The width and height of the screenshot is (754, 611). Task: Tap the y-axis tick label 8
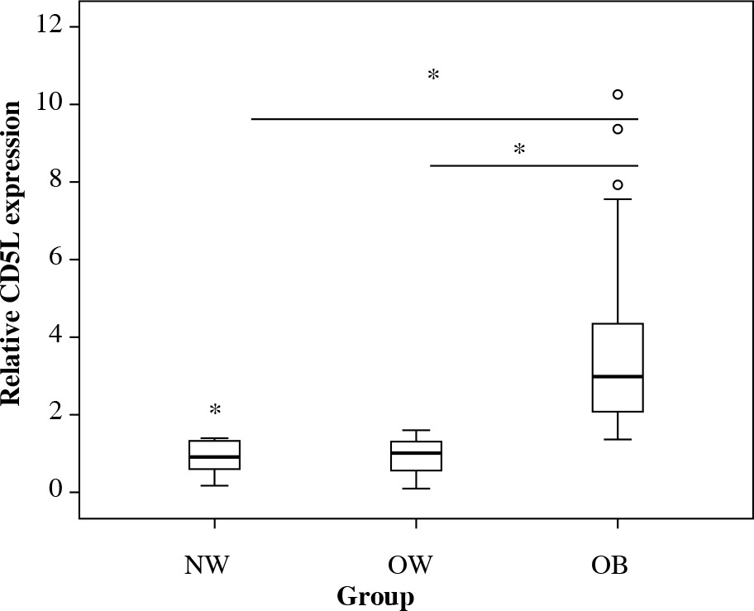pyautogui.click(x=56, y=182)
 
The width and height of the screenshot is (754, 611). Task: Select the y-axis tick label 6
pyautogui.click(x=56, y=260)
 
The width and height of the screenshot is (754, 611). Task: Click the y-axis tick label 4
pyautogui.click(x=56, y=337)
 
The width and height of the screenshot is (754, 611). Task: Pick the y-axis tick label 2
pyautogui.click(x=56, y=414)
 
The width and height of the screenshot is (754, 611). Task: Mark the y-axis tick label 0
pyautogui.click(x=56, y=492)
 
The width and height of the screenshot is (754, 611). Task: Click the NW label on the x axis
pyautogui.click(x=207, y=566)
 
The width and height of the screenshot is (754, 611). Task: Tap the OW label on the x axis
pyautogui.click(x=411, y=566)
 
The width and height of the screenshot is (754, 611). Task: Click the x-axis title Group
pyautogui.click(x=375, y=596)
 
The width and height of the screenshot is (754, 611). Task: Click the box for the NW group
pyautogui.click(x=214, y=455)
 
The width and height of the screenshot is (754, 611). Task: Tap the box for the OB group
pyautogui.click(x=618, y=367)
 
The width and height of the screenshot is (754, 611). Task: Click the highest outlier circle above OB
pyautogui.click(x=618, y=94)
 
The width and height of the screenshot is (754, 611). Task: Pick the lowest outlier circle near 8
pyautogui.click(x=618, y=184)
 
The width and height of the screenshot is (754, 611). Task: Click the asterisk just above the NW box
pyautogui.click(x=215, y=410)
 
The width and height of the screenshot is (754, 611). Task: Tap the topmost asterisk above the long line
pyautogui.click(x=433, y=76)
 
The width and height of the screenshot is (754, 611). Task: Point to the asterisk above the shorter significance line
pyautogui.click(x=519, y=150)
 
